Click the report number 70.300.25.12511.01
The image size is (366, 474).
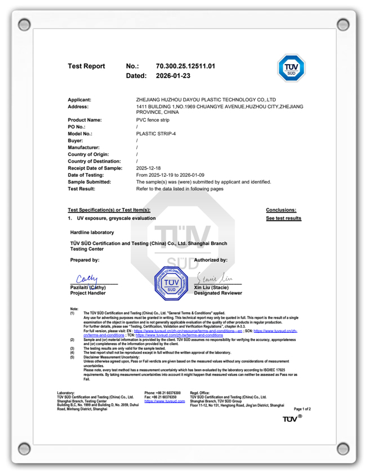tap(185, 66)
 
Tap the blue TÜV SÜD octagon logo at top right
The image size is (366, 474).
tap(291, 68)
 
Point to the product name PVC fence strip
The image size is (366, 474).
tap(152, 120)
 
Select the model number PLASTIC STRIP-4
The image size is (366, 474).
tap(156, 134)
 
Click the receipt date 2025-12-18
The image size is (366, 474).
tap(149, 168)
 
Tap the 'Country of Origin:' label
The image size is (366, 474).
tap(92, 154)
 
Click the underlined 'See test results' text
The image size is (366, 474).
tap(283, 218)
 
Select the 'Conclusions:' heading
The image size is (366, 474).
tap(281, 210)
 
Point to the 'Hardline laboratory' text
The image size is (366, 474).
tap(92, 232)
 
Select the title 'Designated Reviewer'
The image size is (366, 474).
tap(218, 293)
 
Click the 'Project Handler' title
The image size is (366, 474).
tap(88, 293)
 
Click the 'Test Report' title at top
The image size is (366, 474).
tap(86, 66)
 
